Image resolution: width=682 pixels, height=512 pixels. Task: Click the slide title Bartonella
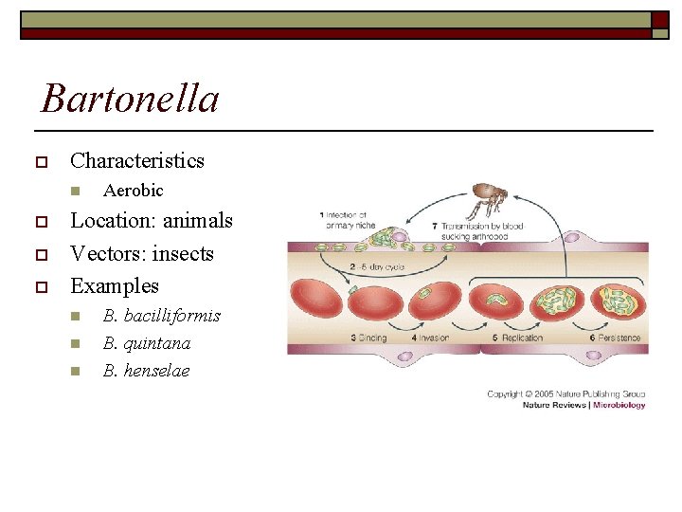pos(131,99)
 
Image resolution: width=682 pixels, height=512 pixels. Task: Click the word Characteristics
pos(137,160)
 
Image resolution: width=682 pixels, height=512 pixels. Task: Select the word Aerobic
pos(133,191)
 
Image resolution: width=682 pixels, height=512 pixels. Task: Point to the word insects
pos(180,253)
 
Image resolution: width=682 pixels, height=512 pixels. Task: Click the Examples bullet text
pos(115,285)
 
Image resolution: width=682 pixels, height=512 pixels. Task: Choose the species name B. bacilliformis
pos(161,316)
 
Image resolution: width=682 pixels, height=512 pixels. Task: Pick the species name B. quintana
pos(147,343)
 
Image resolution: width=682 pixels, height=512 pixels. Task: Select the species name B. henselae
pos(146,371)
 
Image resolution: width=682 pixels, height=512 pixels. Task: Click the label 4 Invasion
pos(430,338)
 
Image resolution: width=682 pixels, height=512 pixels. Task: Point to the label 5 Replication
pos(518,338)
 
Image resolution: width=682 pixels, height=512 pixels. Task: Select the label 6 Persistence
pos(616,338)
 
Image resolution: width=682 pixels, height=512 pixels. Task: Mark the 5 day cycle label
pos(376,267)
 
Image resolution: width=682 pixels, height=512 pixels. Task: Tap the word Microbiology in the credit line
pos(619,405)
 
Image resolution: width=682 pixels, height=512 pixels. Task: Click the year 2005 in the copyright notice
pos(543,393)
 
